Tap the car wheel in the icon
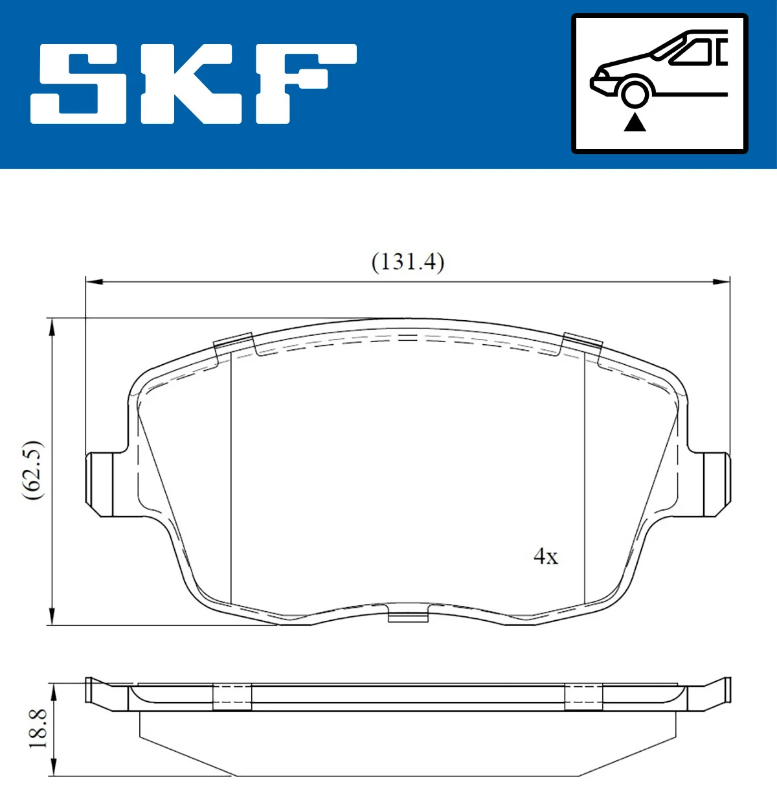(635, 93)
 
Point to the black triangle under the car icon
(635, 122)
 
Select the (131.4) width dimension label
(407, 262)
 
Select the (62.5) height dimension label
(32, 470)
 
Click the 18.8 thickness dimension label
(38, 729)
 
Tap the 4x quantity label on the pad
(545, 556)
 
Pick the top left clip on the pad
(233, 343)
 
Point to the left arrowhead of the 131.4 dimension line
(94, 282)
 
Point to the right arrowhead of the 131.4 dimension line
(721, 282)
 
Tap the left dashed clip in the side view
(232, 697)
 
